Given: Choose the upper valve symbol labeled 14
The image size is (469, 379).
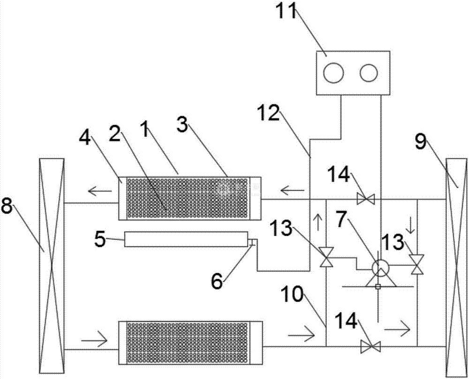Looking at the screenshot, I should point(366,199).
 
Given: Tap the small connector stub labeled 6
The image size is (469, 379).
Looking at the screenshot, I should point(251,242).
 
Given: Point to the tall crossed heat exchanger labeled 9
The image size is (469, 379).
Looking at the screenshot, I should point(457,267).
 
